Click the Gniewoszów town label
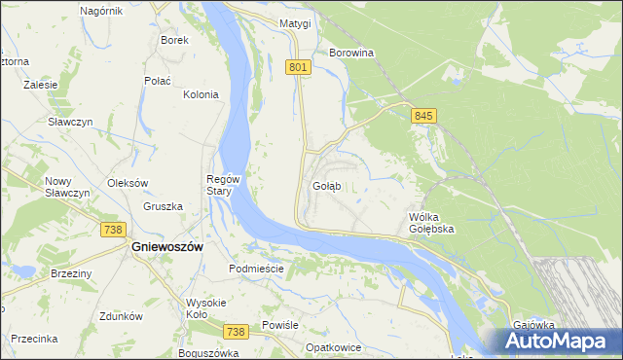point(166,247)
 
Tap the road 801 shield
point(299,66)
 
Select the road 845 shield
point(422,116)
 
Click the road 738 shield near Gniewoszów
point(113,229)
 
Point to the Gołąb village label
point(326,185)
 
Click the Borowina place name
point(352,53)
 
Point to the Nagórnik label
point(101,10)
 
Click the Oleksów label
point(128,182)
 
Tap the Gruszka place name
point(163,206)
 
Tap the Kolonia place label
point(201,94)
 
